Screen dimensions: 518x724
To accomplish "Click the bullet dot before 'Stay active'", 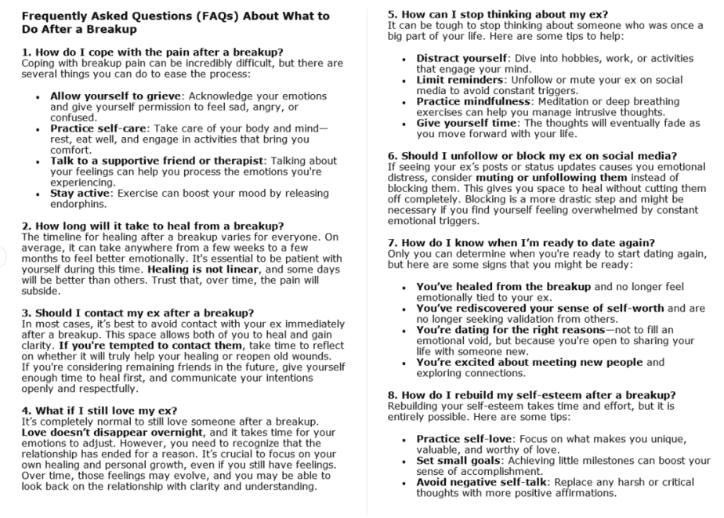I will (40, 193).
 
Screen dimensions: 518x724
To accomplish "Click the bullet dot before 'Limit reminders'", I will (404, 80).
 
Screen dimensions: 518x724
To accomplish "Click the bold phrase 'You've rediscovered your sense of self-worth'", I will (540, 308).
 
